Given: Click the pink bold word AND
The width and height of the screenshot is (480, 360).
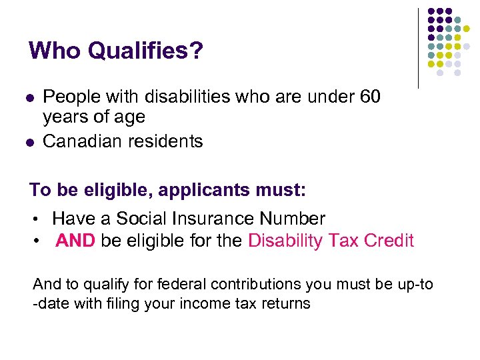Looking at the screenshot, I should coord(75,241).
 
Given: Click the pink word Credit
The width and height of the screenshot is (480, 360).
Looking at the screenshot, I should coord(389,241).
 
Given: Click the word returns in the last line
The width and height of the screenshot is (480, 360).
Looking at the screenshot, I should coord(287,303).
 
